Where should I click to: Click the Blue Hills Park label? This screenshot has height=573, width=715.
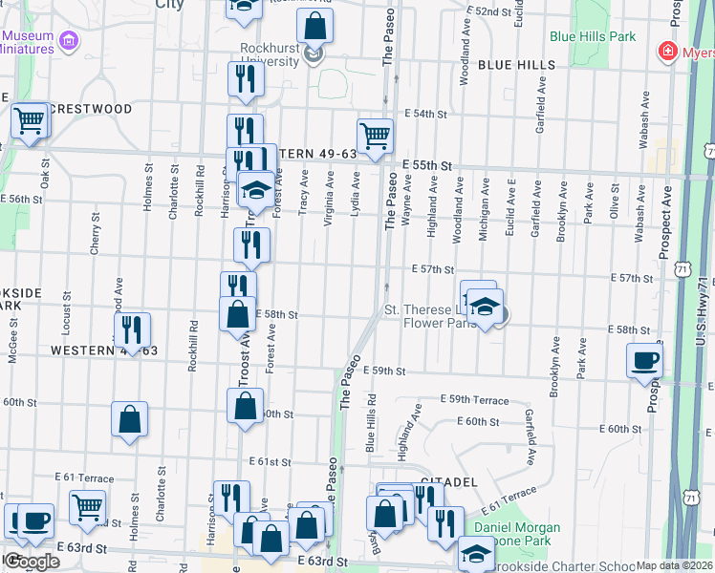coord(593,37)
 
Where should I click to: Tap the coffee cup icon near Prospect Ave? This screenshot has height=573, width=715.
coord(643,361)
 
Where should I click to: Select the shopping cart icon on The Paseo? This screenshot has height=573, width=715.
coord(375,136)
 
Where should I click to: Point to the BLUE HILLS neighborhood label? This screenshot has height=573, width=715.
coord(516,65)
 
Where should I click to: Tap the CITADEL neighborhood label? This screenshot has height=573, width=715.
coord(448,483)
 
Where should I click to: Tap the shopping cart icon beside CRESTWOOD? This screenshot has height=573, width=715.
coord(30,121)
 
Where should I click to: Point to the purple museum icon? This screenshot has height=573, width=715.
coord(68,40)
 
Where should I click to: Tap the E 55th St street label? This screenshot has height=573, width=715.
coord(426,165)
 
